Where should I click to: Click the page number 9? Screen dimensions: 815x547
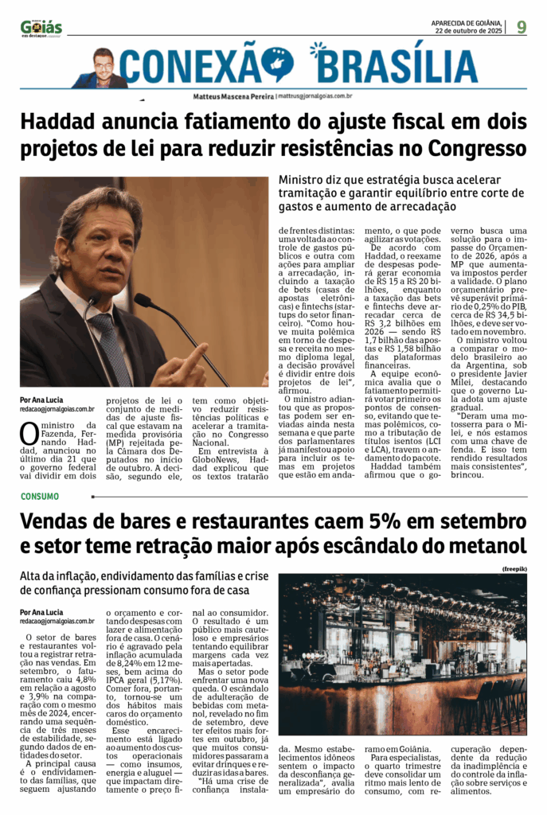tap(522, 27)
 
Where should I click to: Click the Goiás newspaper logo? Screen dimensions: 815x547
tap(41, 28)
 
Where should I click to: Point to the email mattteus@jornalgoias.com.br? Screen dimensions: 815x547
tap(315, 96)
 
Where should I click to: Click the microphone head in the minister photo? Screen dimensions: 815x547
tap(143, 300)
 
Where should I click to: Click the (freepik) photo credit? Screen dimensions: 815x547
tap(514, 570)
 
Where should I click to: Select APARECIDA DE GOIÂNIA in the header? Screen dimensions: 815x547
tap(467, 22)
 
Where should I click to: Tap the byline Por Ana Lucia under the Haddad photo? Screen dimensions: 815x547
tap(41, 400)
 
